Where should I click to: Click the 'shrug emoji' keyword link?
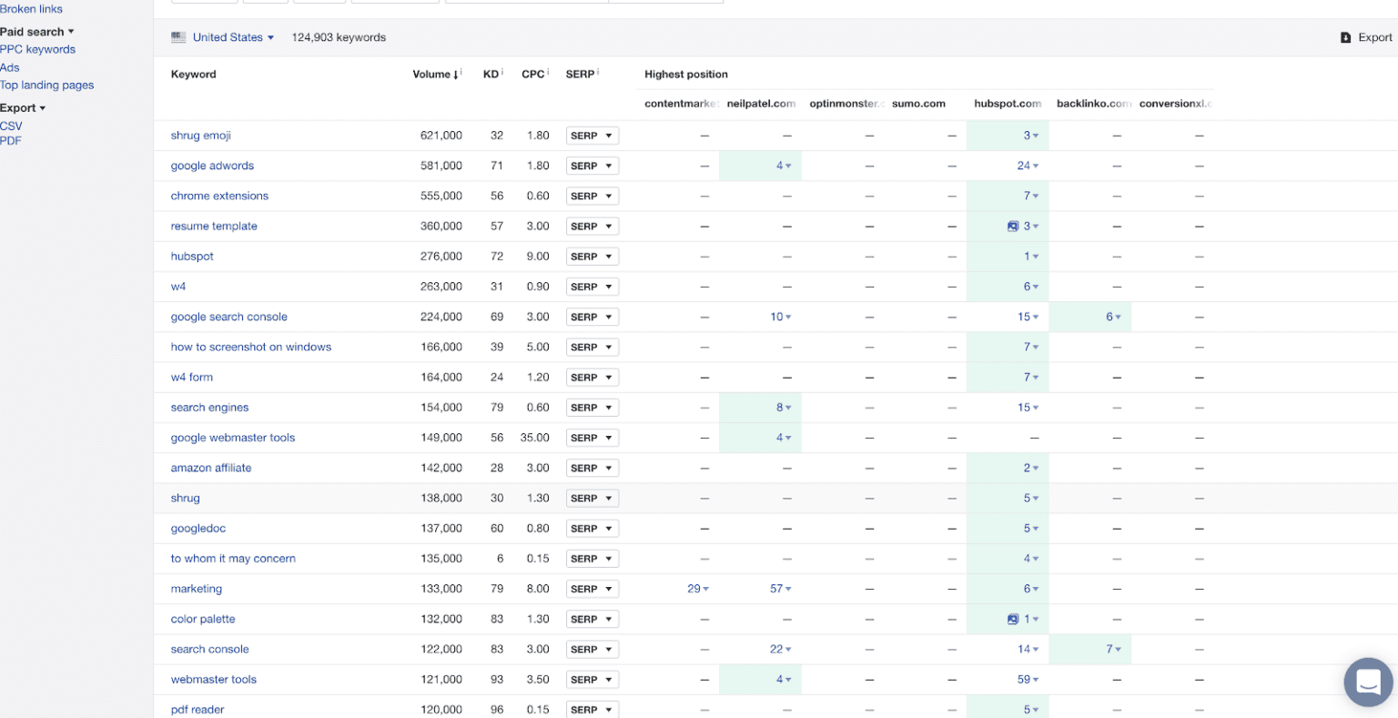click(200, 136)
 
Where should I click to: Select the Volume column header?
click(431, 75)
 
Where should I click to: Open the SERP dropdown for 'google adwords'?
click(592, 166)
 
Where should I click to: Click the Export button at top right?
click(1366, 37)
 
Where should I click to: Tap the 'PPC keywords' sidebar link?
click(37, 49)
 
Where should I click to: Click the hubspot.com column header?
click(1007, 104)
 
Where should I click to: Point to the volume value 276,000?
click(441, 257)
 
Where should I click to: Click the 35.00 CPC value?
click(534, 438)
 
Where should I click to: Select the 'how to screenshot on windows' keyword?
click(250, 347)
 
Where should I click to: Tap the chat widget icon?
click(1368, 682)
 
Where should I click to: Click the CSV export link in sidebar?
click(11, 126)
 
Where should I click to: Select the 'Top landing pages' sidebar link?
click(46, 85)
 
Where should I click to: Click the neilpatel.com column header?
click(761, 104)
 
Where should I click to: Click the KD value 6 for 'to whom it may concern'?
click(500, 559)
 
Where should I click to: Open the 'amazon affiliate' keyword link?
click(210, 468)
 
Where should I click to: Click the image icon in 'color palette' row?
click(1012, 619)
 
